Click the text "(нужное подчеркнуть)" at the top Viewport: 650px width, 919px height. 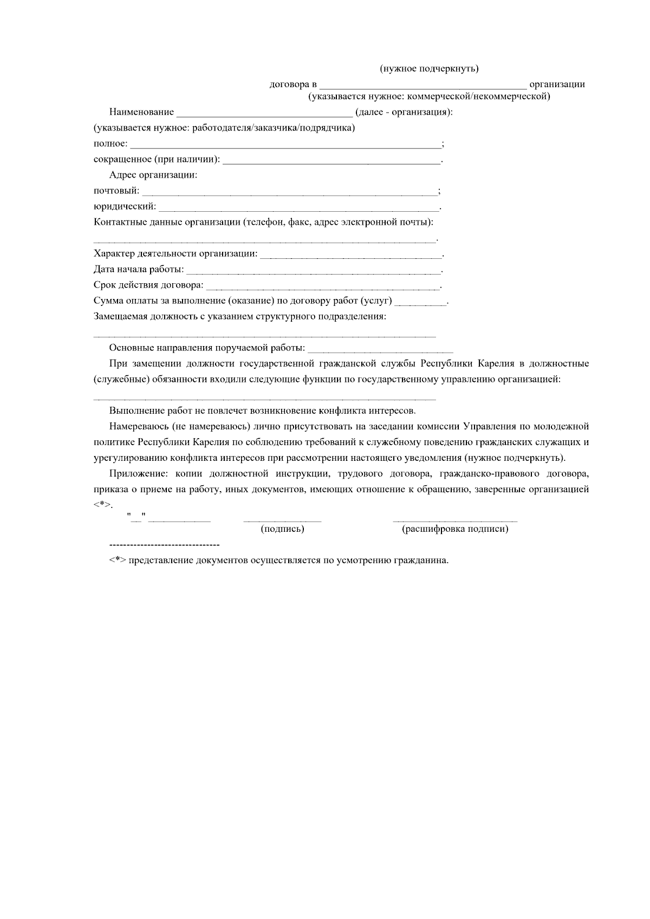(429, 69)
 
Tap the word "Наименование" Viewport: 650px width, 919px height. (141, 112)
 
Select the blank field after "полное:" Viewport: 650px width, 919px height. (286, 146)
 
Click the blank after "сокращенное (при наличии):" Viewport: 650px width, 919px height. (331, 161)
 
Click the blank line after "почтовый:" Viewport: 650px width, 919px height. (290, 193)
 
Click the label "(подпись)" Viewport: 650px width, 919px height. (282, 529)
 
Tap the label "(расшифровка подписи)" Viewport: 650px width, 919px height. (455, 529)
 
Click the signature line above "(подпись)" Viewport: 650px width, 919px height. (282, 520)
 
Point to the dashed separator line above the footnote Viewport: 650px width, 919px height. (164, 544)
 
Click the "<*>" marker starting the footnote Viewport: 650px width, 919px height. (118, 560)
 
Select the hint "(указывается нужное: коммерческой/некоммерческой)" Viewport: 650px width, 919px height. (429, 97)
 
